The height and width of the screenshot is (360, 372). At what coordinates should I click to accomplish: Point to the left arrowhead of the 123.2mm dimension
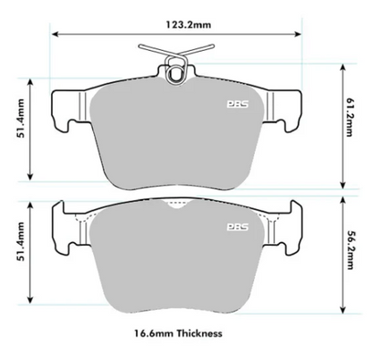(x=55, y=33)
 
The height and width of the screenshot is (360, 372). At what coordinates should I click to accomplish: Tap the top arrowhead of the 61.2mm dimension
(x=342, y=66)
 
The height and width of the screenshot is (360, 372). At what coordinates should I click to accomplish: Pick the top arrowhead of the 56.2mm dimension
(x=342, y=201)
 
